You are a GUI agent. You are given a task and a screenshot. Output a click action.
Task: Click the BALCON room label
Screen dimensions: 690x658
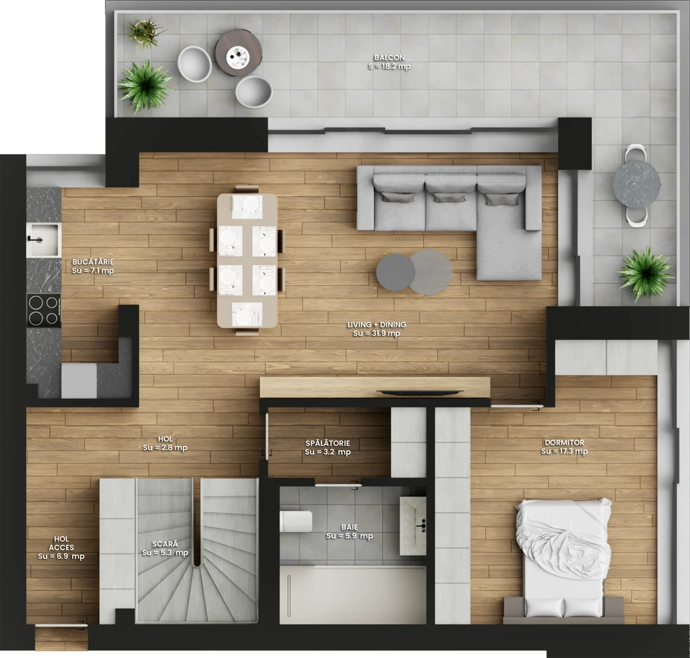point(389,57)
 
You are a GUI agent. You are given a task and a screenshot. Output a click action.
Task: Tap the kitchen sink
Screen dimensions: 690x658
point(43,240)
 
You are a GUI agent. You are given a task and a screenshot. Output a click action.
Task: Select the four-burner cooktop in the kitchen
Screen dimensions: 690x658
point(44,310)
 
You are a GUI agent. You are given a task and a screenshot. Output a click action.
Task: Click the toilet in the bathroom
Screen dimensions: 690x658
point(296,521)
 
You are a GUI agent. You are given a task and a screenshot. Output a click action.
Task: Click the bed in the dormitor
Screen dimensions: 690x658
point(564,560)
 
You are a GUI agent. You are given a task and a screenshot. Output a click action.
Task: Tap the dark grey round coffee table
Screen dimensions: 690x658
point(395,272)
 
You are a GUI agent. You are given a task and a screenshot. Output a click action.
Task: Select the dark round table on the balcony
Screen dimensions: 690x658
point(239,53)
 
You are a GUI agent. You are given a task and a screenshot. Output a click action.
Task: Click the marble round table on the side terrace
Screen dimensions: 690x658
point(636,183)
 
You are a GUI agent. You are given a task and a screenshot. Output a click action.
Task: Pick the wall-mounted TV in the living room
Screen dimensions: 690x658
point(420,392)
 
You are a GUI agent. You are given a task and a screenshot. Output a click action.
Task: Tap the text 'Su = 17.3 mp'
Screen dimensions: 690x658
point(564,451)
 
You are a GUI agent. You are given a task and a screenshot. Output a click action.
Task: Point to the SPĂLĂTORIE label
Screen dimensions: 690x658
point(328,443)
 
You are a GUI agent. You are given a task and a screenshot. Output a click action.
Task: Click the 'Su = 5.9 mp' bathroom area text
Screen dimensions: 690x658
point(350,536)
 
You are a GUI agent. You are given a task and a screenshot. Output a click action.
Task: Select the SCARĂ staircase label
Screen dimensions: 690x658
point(165,544)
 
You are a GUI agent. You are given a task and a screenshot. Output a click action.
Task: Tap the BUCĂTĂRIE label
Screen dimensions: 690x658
point(93,262)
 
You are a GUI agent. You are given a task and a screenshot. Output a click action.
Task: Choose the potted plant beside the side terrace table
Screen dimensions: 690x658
point(646,274)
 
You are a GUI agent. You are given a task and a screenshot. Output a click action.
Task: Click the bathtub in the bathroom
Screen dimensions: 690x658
point(353,595)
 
